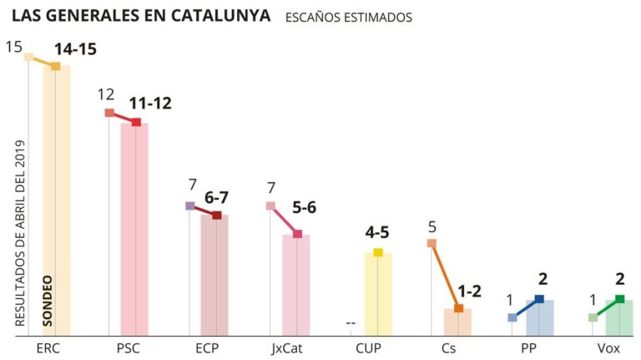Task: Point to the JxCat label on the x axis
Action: [x=287, y=347]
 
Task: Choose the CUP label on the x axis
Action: [x=369, y=347]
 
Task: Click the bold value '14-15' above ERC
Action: [x=76, y=49]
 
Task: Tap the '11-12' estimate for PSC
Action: [x=150, y=104]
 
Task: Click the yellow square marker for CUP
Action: [x=378, y=252]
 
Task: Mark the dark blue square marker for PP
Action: [x=539, y=299]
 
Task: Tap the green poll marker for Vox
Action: [x=619, y=299]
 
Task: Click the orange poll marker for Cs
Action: [x=458, y=308]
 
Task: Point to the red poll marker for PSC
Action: [x=136, y=123]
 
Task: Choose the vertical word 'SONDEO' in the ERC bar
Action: [x=47, y=301]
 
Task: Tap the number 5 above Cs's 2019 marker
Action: [x=432, y=226]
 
